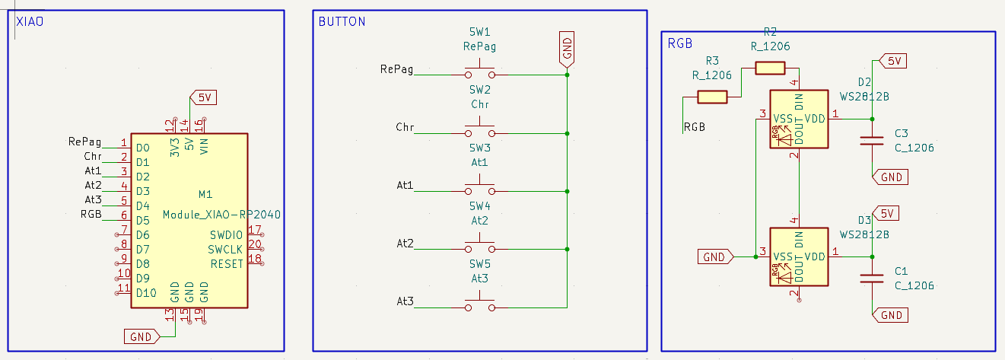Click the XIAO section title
click(30, 22)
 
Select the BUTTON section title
click(342, 21)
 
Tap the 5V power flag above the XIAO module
click(204, 97)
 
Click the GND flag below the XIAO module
click(142, 336)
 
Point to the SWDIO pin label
click(226, 234)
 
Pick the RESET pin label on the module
click(226, 263)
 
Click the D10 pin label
click(146, 292)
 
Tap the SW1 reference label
click(479, 32)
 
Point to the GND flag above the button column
click(567, 48)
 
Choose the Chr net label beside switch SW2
click(405, 127)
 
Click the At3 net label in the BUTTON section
click(405, 302)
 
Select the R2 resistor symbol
click(770, 68)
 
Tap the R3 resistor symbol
click(713, 97)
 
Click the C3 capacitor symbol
click(872, 140)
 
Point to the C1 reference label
click(902, 271)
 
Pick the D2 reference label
click(864, 82)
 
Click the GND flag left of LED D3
click(715, 257)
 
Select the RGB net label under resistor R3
click(694, 127)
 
